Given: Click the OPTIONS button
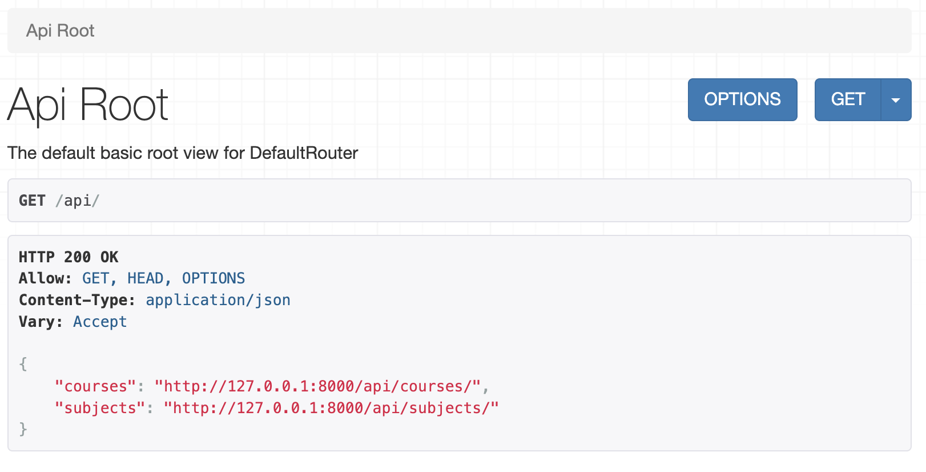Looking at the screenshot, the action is [x=742, y=99].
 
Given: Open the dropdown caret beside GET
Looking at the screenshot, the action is [x=896, y=99].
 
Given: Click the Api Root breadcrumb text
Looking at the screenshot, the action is [x=61, y=31].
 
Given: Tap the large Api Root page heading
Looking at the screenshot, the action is [x=88, y=105].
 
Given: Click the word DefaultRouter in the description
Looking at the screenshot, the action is [x=304, y=153].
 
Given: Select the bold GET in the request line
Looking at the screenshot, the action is [x=32, y=201].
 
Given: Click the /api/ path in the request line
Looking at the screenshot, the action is [x=78, y=201].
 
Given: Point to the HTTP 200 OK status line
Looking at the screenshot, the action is [x=69, y=257].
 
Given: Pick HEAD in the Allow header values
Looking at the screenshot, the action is [x=145, y=278].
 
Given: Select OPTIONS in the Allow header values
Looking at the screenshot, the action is [x=214, y=278].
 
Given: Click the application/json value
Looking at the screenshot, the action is [x=218, y=301].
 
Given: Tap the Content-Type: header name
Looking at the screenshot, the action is [x=77, y=301].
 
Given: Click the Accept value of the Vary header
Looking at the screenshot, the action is [x=100, y=322].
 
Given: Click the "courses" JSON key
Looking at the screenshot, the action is [x=95, y=386].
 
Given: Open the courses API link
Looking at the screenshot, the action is [x=317, y=386].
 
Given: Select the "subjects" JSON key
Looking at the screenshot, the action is [x=100, y=409].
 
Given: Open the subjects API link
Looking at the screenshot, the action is [x=331, y=409].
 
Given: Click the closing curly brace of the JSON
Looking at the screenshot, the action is [x=23, y=429].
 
